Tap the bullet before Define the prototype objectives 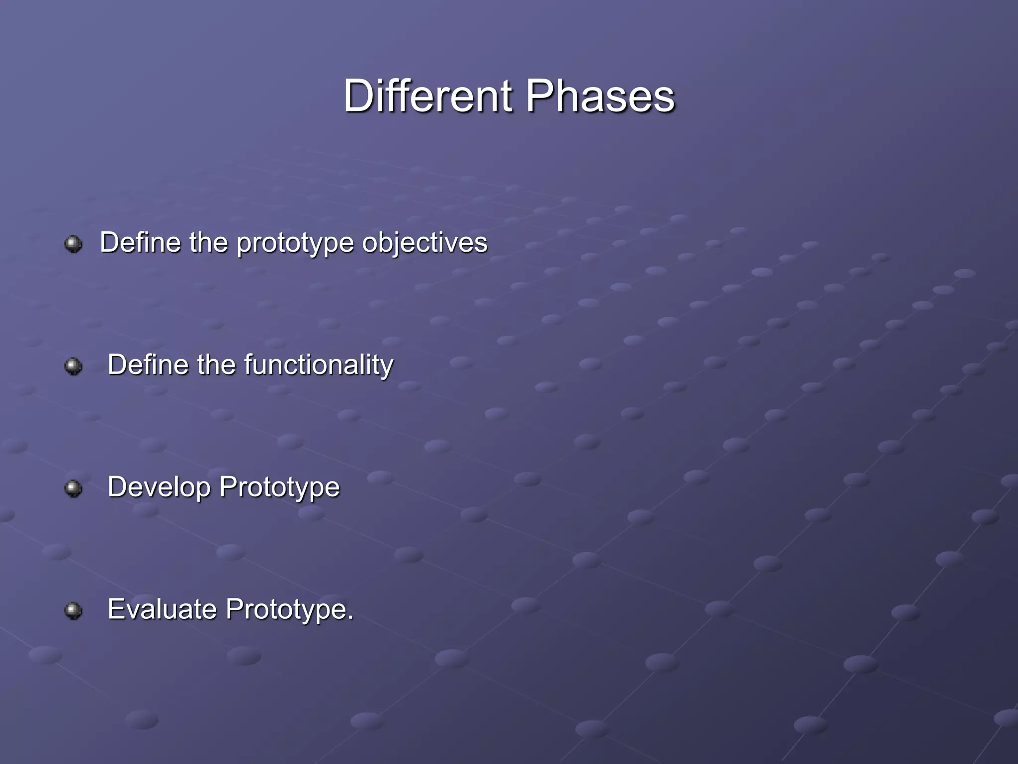tap(74, 244)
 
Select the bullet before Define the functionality tap(74, 366)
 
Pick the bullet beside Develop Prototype tap(74, 488)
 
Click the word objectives tap(424, 243)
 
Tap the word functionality tap(319, 366)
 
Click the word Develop tap(159, 487)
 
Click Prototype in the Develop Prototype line tap(279, 487)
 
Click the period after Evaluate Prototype tap(350, 617)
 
